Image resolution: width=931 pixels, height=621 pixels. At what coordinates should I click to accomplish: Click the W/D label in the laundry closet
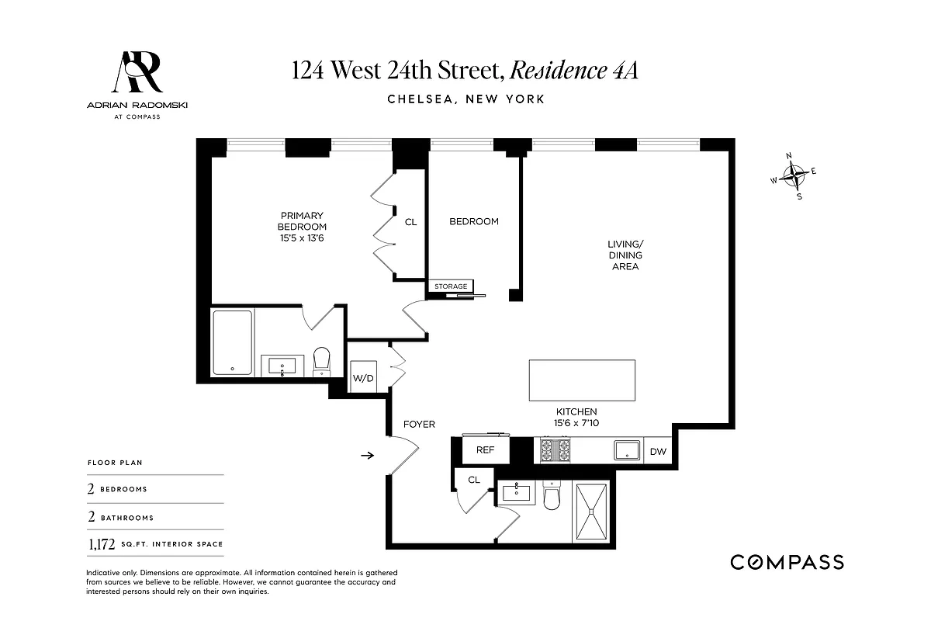362,378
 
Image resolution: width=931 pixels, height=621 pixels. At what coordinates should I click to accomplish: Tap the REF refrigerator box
485,449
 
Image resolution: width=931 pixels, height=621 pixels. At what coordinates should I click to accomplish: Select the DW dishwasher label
657,451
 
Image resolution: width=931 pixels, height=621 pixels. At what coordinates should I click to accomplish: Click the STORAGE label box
451,286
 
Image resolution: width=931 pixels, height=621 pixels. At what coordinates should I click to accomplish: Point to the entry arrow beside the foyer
367,456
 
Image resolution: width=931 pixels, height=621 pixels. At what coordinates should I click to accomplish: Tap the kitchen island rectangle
582,380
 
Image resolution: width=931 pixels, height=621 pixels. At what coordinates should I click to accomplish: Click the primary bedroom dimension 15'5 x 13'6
302,238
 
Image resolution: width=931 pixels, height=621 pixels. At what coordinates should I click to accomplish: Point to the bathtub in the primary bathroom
232,343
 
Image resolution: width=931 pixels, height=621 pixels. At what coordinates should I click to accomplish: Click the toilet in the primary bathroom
322,360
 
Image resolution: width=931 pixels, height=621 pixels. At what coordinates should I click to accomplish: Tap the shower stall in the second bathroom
593,511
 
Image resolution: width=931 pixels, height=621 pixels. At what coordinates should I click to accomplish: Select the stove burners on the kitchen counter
555,450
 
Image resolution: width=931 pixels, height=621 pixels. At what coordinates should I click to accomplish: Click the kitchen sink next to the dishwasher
626,451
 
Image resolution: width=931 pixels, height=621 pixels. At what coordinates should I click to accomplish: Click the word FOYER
419,424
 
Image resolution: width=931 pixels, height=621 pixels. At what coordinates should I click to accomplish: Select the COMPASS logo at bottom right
787,562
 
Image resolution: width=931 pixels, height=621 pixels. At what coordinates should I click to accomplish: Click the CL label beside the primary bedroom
411,222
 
